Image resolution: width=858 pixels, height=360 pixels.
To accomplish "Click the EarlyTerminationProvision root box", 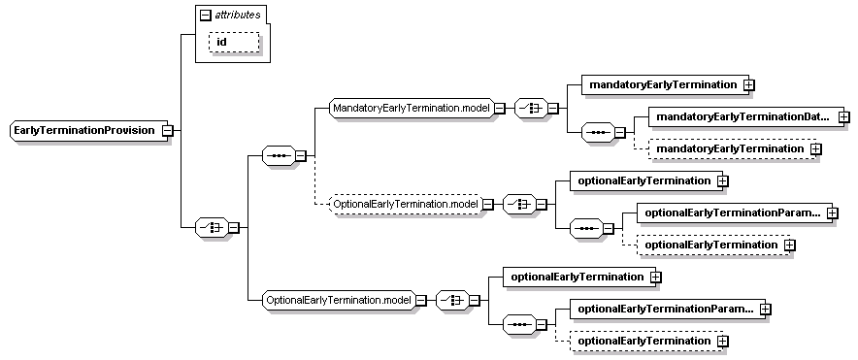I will click(85, 130).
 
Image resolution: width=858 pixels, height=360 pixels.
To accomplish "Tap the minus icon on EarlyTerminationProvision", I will click(167, 130).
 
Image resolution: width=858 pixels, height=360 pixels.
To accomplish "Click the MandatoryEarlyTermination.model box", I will click(411, 107).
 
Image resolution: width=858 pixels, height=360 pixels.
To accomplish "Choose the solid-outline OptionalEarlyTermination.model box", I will click(339, 300).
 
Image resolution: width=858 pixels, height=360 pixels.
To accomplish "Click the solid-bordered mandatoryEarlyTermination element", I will click(662, 84).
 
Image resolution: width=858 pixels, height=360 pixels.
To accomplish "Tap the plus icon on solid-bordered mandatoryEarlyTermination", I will click(748, 84).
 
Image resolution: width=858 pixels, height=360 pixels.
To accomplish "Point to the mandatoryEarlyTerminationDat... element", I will click(742, 116).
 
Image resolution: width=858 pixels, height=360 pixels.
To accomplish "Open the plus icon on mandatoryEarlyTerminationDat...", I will click(842, 116).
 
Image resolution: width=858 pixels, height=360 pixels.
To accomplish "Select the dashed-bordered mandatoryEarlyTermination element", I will click(729, 148).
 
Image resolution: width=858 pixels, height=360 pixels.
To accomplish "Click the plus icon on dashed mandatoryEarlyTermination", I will click(815, 148).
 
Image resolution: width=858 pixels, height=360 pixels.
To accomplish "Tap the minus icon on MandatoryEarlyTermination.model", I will click(499, 107).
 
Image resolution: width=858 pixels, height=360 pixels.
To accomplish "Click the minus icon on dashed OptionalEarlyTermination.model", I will click(487, 204).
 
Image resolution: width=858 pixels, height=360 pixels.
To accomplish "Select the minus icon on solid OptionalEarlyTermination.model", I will click(421, 300).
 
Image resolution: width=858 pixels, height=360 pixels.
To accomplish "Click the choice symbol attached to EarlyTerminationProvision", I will click(211, 227).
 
